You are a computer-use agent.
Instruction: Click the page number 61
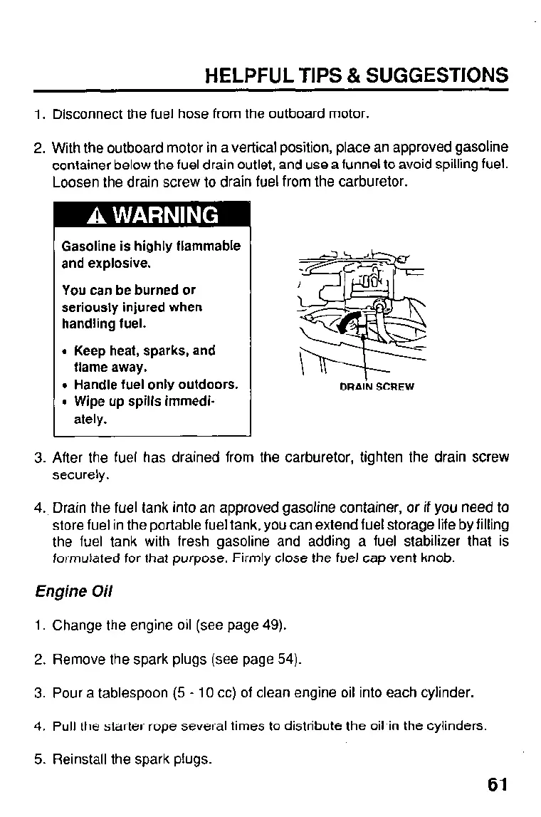pos(497,784)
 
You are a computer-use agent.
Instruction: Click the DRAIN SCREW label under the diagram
pos(377,387)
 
